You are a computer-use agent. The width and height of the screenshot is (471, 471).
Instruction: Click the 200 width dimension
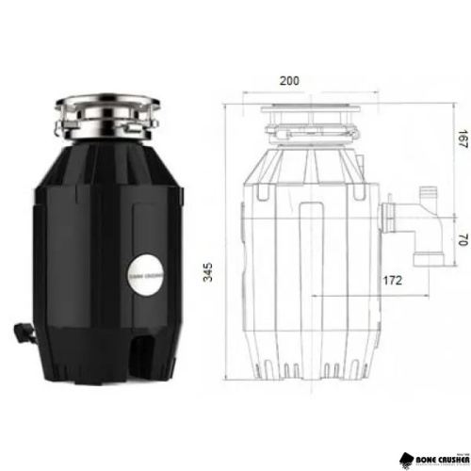[x=290, y=81]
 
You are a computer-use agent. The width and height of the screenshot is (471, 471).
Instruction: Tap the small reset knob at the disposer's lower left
[x=20, y=332]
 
